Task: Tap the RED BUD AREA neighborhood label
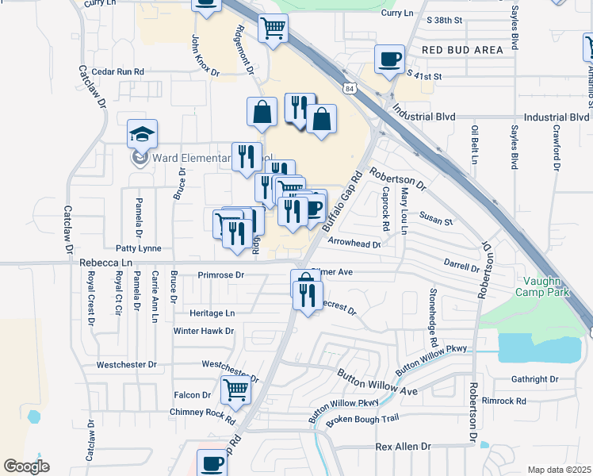point(462,50)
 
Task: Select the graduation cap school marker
point(143,134)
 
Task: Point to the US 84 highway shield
point(350,89)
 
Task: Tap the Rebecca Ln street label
point(106,263)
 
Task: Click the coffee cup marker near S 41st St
point(389,59)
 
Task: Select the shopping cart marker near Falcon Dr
point(235,390)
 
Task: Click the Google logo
point(26,466)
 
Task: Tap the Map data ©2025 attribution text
point(559,470)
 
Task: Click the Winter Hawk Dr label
point(204,331)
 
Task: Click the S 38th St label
point(443,19)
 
